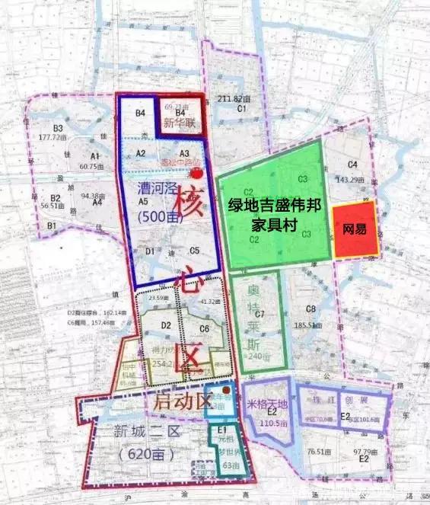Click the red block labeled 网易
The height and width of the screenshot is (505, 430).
click(x=355, y=229)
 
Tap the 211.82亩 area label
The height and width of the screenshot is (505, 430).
click(x=234, y=99)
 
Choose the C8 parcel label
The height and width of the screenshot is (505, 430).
click(x=310, y=308)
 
